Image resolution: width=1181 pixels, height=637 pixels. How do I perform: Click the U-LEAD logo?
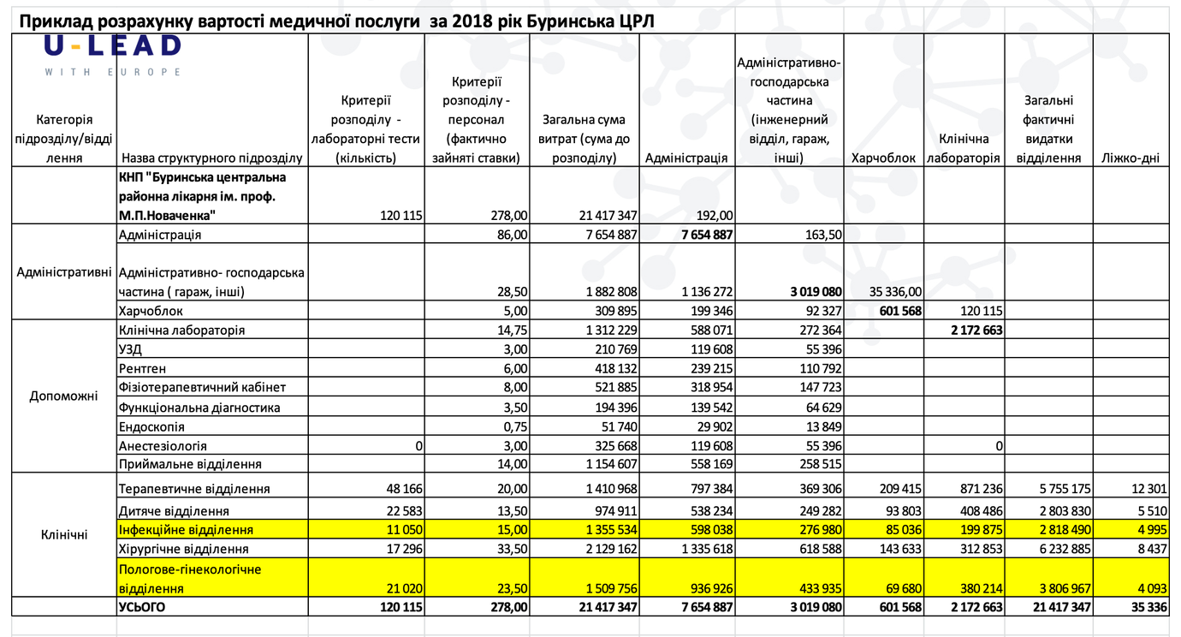coord(113,56)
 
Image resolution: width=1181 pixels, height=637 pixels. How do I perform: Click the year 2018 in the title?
coord(473,21)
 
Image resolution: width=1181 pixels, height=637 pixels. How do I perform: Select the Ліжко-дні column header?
coord(1131,158)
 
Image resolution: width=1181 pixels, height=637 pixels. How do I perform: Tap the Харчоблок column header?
coord(883,158)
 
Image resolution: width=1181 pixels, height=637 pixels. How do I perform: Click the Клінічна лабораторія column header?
coord(964,148)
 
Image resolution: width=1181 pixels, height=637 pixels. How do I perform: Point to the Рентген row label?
coord(142,368)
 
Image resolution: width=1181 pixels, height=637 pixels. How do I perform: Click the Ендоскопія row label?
coord(151,426)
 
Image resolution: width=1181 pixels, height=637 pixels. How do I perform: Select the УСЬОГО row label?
coord(142,607)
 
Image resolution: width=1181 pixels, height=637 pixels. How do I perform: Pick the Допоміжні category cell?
coord(64,396)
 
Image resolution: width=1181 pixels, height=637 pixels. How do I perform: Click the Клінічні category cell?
coord(64,535)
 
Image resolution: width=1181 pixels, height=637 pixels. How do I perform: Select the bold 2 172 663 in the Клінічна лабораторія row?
coord(976,330)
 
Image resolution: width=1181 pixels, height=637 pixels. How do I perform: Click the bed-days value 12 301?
coord(1148,489)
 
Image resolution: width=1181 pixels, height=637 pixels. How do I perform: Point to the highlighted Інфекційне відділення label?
coord(186,529)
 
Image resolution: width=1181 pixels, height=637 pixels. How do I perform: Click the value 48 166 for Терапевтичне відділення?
coord(405,489)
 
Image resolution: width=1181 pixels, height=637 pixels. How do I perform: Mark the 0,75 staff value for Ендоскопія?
coord(515,426)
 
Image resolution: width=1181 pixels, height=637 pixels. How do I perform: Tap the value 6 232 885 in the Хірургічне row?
coord(1065,549)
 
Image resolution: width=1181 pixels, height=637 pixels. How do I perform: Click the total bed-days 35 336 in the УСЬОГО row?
coord(1148,607)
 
